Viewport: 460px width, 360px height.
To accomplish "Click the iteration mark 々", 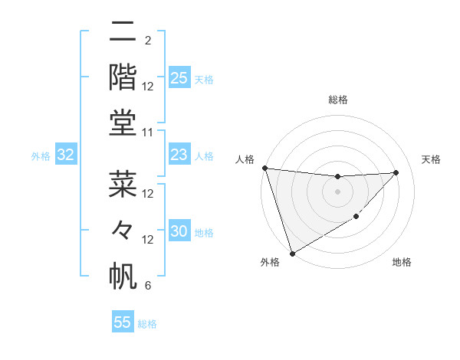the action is [123, 231].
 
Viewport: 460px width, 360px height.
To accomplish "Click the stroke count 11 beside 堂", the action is [148, 133].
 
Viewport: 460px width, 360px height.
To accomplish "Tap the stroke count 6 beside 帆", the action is [148, 286].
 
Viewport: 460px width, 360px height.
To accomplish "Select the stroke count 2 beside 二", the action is [148, 41].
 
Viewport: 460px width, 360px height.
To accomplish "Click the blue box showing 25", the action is [179, 78].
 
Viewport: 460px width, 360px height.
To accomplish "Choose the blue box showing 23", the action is [179, 155].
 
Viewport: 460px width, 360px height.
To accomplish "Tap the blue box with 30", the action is [179, 232].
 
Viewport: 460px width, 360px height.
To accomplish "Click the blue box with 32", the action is [66, 155].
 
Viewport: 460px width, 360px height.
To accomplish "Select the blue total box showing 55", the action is [123, 322].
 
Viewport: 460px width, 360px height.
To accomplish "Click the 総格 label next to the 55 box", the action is [147, 324].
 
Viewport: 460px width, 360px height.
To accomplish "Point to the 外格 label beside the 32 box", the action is [41, 156].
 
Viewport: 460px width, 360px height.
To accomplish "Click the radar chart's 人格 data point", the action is [264, 168].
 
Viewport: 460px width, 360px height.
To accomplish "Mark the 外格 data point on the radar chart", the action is [292, 253].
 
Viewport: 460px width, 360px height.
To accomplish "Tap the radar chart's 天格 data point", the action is [396, 172].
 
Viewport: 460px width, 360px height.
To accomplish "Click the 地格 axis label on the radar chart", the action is [402, 262].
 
